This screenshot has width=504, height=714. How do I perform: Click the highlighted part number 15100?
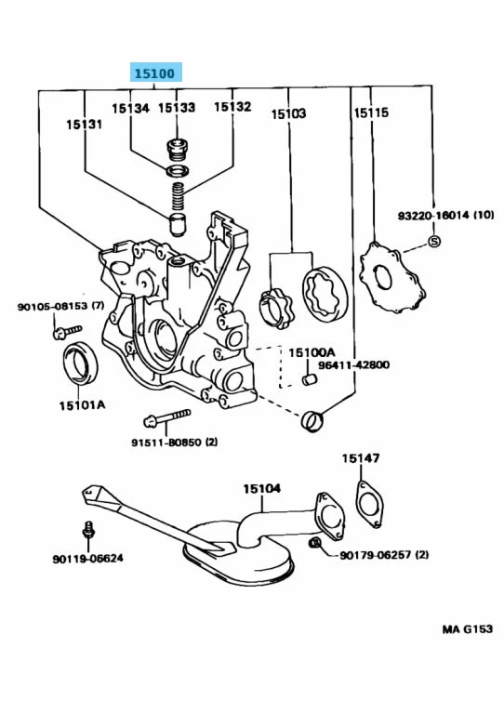point(155,73)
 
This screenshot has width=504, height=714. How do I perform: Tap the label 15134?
point(131,108)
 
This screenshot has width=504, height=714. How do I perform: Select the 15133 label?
point(176,108)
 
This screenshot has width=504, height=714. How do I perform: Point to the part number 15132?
point(232,107)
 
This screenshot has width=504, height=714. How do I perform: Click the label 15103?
point(288,113)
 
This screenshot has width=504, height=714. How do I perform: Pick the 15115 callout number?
point(370,113)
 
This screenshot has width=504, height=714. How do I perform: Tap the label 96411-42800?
point(354,365)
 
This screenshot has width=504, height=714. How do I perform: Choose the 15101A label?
point(82,405)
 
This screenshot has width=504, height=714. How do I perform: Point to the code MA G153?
point(467,629)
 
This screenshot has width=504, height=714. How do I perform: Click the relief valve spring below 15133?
point(177,196)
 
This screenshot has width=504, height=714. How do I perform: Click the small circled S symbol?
point(433,243)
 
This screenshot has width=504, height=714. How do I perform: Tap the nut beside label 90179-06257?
point(316,544)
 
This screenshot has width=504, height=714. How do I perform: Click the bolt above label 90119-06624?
point(88,532)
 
